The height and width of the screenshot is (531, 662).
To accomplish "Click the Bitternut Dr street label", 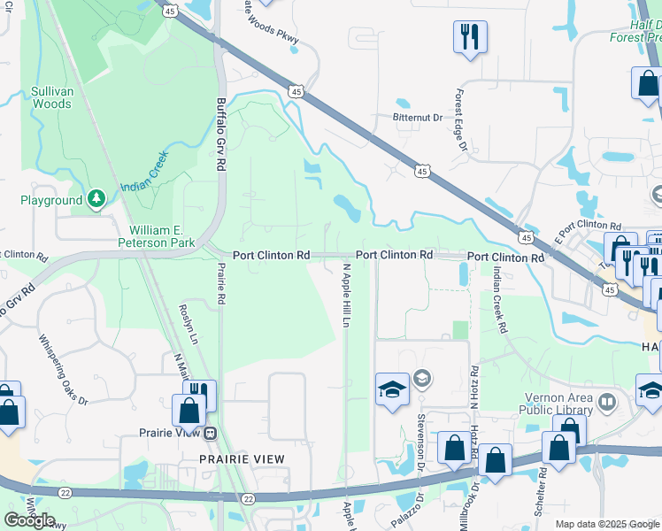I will [x=417, y=117].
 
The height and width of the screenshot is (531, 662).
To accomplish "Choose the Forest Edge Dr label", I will [x=460, y=119].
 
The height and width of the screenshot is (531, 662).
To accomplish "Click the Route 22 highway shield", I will [x=248, y=500].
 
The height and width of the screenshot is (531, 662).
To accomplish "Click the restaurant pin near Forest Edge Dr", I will [x=469, y=37].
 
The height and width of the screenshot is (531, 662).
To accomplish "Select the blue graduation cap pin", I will [x=391, y=389].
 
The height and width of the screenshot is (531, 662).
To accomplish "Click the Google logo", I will [x=29, y=519].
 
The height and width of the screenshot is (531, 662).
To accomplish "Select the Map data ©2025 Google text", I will [x=606, y=524].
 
